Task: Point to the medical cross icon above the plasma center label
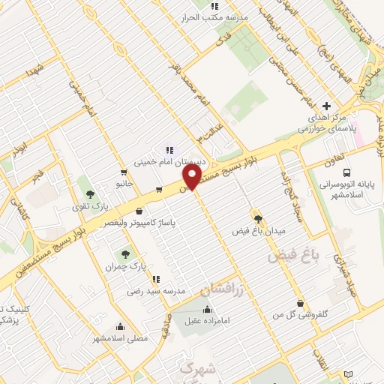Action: (325, 106)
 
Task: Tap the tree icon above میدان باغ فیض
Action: (259, 219)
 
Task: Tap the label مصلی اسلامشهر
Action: (121, 338)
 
